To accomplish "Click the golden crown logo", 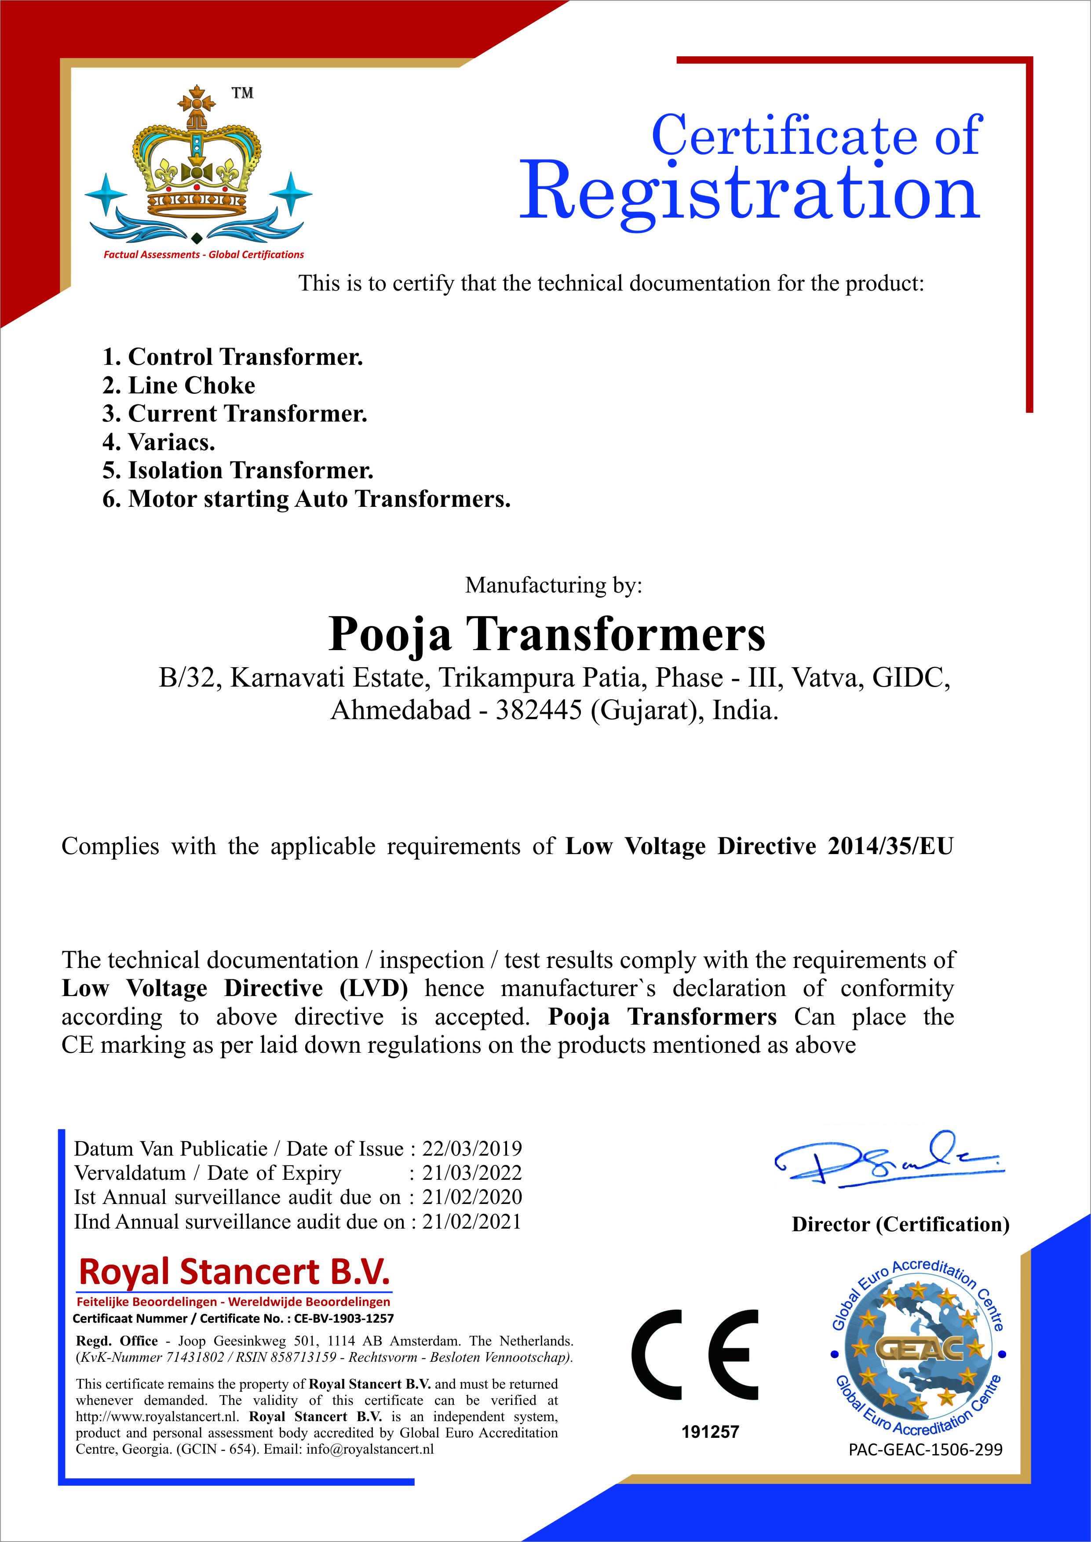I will point(197,158).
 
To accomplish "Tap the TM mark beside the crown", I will point(243,93).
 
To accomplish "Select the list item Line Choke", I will point(179,385).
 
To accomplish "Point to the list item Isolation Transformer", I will point(238,471).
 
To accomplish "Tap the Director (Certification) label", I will point(900,1224).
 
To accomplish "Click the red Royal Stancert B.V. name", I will point(234,1272).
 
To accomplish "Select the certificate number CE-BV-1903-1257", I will point(344,1318).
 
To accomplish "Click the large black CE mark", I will point(695,1355).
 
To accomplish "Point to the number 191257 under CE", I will point(710,1432).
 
